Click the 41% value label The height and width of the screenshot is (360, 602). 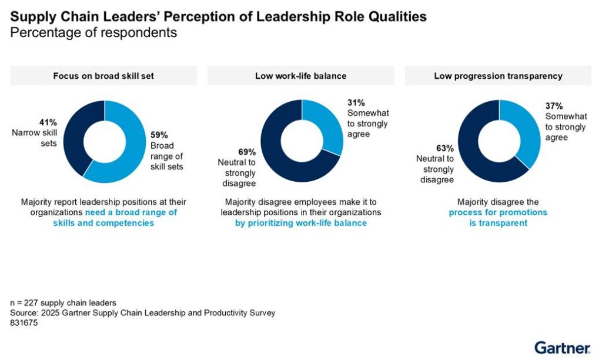pos(48,122)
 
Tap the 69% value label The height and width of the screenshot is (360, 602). pos(247,152)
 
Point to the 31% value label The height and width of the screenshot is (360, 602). pos(356,104)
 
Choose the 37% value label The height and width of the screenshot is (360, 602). pos(554,106)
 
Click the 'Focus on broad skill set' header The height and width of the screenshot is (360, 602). pos(104,76)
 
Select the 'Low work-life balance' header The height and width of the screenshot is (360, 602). pos(300,76)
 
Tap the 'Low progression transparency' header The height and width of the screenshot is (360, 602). pos(498,76)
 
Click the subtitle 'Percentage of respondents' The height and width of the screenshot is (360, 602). pos(93,33)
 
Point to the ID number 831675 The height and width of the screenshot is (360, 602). pos(24,322)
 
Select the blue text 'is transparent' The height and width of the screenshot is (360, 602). pos(498,223)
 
